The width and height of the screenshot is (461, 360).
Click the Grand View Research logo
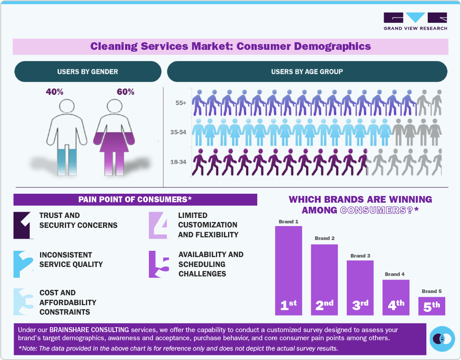(x=415, y=21)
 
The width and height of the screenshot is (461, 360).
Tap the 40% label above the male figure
(x=54, y=92)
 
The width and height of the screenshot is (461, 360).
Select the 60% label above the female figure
(x=125, y=92)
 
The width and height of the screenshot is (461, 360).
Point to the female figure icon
(x=113, y=137)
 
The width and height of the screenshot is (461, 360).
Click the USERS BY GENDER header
(x=88, y=71)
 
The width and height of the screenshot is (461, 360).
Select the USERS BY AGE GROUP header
(x=307, y=71)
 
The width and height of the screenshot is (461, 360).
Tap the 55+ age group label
(x=181, y=103)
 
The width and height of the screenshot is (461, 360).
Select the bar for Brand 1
(x=288, y=270)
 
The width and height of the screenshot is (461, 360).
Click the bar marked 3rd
(x=360, y=288)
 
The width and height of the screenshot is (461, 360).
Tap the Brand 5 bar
(x=431, y=306)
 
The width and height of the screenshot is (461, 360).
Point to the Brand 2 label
(x=324, y=238)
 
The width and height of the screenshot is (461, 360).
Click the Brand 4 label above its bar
(x=395, y=274)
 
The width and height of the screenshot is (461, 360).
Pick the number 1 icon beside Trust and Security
(x=23, y=225)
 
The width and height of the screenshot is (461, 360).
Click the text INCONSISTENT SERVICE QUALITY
(x=71, y=260)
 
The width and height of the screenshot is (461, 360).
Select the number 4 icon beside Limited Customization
(x=159, y=225)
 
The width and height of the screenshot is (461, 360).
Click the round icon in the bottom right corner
(x=442, y=338)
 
